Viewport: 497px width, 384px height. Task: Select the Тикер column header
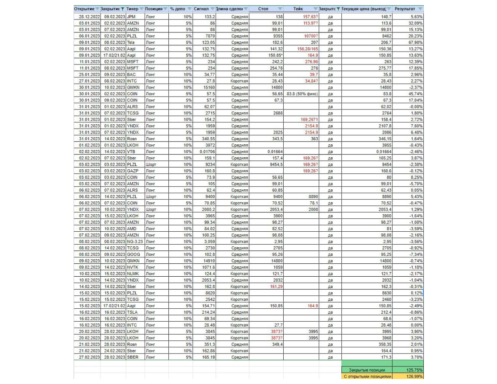coord(133,9)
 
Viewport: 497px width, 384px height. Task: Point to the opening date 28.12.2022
coord(89,17)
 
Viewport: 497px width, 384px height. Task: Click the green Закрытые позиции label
coord(367,369)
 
